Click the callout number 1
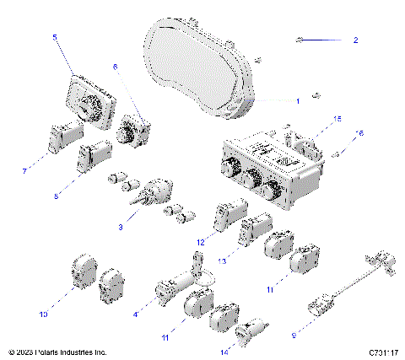coord(297,100)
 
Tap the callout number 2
coord(355,40)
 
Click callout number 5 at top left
coord(55,38)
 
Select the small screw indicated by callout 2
coord(300,40)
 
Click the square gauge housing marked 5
coord(86,103)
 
